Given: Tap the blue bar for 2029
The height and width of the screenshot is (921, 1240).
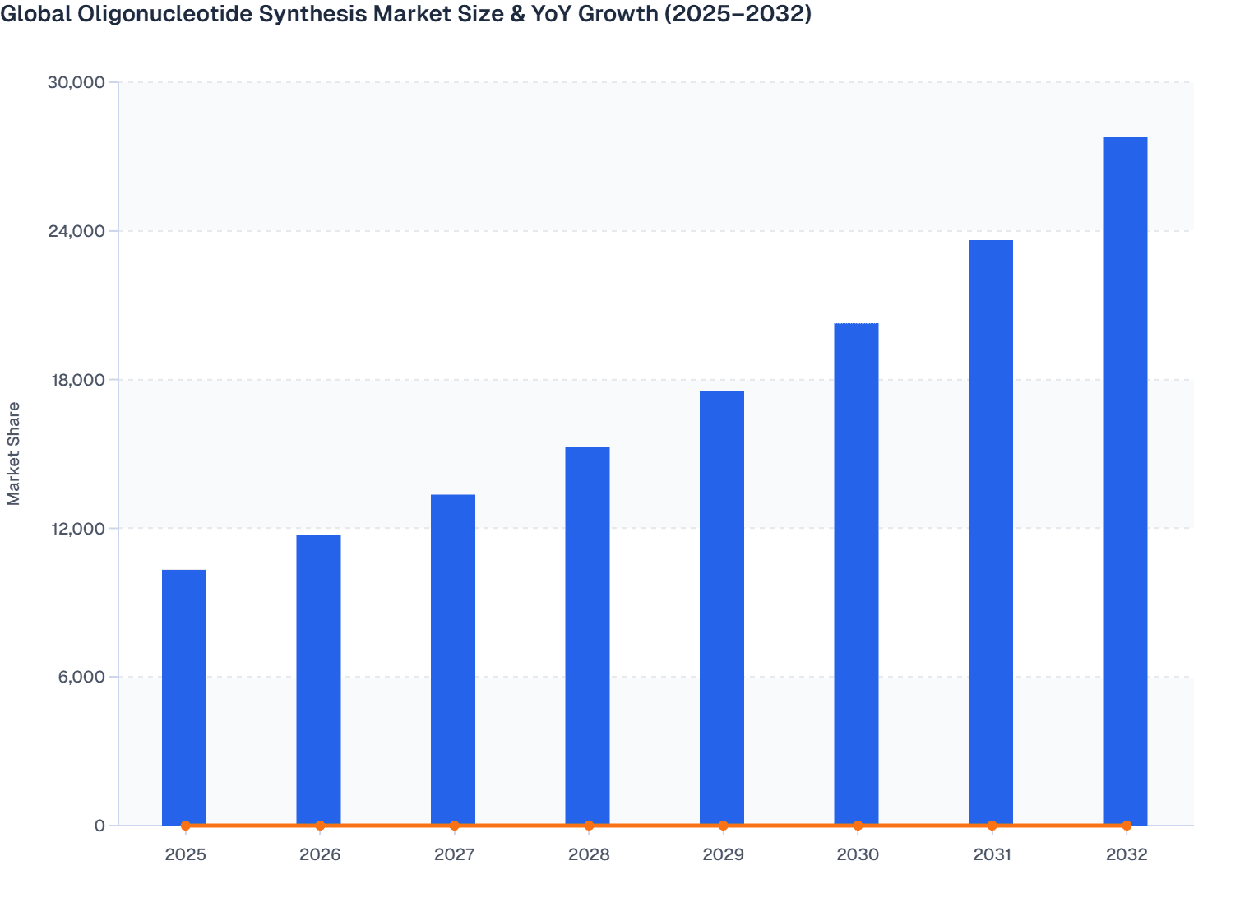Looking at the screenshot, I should pyautogui.click(x=722, y=608).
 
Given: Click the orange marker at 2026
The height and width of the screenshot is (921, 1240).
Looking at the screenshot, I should pyautogui.click(x=320, y=826).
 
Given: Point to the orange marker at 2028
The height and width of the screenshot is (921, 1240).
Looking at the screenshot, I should pyautogui.click(x=589, y=826).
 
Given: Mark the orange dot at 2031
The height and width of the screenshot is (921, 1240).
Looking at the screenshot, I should pyautogui.click(x=992, y=826).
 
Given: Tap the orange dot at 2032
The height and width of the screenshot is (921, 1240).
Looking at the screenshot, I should pyautogui.click(x=1127, y=826).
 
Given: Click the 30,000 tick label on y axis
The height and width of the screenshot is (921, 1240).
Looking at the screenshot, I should pyautogui.click(x=76, y=82).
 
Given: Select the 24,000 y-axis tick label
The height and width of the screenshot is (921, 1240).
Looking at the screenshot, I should pyautogui.click(x=76, y=231).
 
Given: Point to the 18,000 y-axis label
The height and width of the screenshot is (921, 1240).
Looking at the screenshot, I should pyautogui.click(x=76, y=380).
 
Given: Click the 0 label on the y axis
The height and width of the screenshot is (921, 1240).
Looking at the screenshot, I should pyautogui.click(x=99, y=826).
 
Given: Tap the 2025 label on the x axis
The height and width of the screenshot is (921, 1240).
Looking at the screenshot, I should pyautogui.click(x=185, y=854).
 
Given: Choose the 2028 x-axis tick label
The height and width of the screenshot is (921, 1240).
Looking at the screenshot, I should pyautogui.click(x=589, y=854).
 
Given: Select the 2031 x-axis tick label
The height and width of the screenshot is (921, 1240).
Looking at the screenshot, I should pyautogui.click(x=992, y=854).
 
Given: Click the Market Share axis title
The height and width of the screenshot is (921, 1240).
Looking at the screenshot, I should pyautogui.click(x=14, y=453).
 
